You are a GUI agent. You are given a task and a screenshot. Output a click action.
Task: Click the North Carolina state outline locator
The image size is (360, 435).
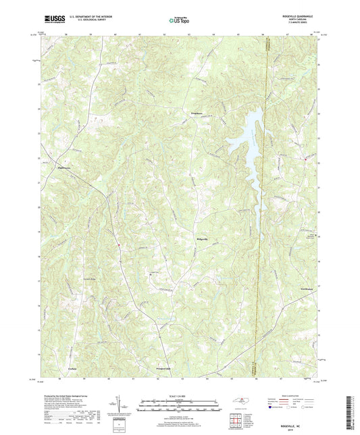tap(241, 401)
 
